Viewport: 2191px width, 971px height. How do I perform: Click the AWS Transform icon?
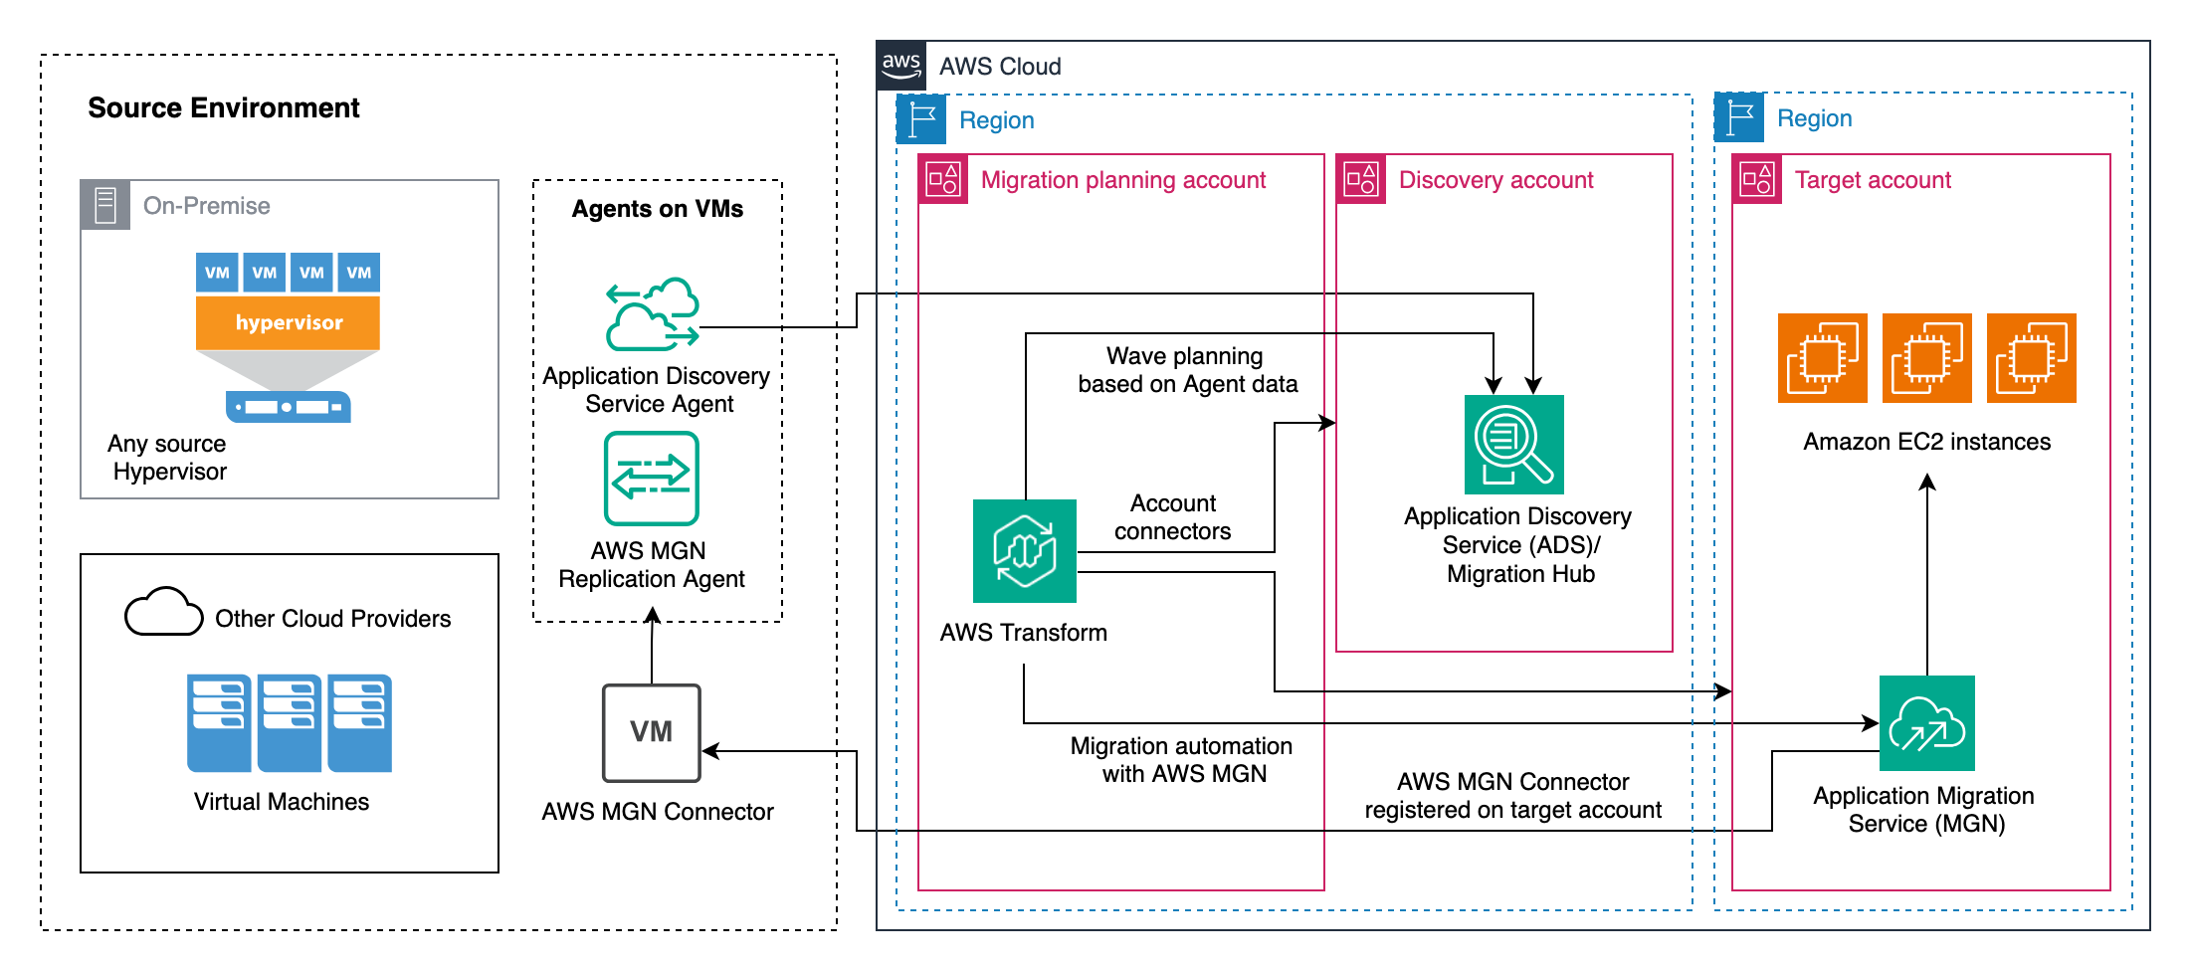[1024, 550]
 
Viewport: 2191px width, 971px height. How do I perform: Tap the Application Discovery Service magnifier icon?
[1513, 444]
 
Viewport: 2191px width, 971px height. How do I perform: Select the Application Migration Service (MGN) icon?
[1926, 723]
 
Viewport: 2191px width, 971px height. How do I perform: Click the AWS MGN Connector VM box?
[652, 732]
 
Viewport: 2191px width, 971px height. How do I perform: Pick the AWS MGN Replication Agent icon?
[651, 478]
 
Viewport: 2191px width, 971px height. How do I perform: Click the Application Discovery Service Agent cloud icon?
[653, 314]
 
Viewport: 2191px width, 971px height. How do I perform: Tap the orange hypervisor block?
[288, 322]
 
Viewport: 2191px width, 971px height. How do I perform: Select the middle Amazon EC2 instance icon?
[1926, 358]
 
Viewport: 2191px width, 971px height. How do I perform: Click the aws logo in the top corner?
[901, 66]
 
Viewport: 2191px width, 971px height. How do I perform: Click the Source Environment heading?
[223, 107]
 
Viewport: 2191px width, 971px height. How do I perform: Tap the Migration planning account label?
[1122, 180]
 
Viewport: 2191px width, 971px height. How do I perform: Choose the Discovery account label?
[1495, 180]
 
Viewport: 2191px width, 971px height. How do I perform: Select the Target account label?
[1872, 180]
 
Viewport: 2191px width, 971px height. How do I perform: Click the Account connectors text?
[1172, 517]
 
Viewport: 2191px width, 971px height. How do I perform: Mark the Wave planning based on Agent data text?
[1187, 370]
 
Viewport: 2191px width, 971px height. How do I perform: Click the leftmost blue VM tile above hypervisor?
[217, 273]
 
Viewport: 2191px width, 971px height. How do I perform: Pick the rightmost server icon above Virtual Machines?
[359, 722]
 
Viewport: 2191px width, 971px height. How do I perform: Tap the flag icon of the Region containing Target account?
[1739, 117]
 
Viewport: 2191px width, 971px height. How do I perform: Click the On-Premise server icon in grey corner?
[105, 205]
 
